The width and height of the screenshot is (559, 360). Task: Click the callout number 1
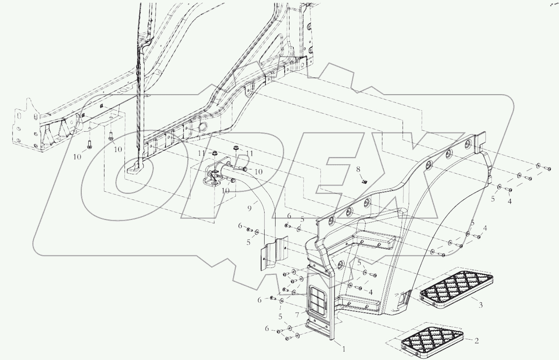[344, 349]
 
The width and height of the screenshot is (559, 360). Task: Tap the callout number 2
[476, 341]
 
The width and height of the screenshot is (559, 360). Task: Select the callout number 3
[480, 305]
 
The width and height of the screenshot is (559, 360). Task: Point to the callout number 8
[358, 169]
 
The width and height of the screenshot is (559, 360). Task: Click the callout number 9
[249, 208]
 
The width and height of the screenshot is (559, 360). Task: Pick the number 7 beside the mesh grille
[297, 315]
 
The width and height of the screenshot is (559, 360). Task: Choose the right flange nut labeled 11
[235, 148]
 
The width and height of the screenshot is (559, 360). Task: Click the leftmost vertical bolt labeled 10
[89, 145]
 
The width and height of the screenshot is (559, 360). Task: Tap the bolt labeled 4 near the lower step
[359, 288]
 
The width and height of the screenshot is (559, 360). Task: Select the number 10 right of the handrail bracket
[258, 172]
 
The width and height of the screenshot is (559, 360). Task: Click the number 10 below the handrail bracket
[226, 191]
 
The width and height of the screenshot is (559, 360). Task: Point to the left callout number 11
[202, 153]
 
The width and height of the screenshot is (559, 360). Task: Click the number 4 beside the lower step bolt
[371, 292]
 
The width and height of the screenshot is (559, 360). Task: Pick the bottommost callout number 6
[267, 329]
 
